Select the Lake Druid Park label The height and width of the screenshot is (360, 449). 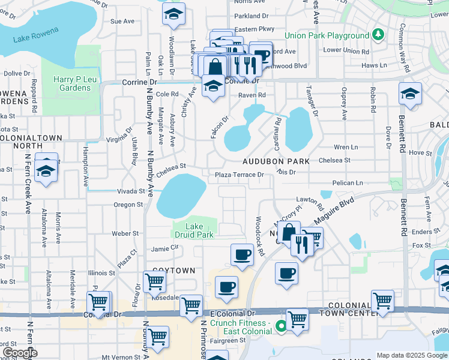click(193, 231)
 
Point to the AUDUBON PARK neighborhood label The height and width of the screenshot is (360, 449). click(276, 161)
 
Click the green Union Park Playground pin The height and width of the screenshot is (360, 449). click(378, 35)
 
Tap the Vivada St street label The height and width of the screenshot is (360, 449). click(131, 191)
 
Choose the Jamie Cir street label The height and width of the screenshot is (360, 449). click(165, 247)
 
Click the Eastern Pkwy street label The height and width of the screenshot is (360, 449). click(254, 28)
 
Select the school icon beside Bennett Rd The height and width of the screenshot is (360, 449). click(410, 94)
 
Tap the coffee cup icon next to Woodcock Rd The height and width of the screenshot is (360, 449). click(242, 254)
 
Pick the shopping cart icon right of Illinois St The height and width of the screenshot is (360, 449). click(155, 280)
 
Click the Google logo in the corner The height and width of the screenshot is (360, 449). click(19, 353)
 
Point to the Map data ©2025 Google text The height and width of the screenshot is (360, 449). click(412, 355)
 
